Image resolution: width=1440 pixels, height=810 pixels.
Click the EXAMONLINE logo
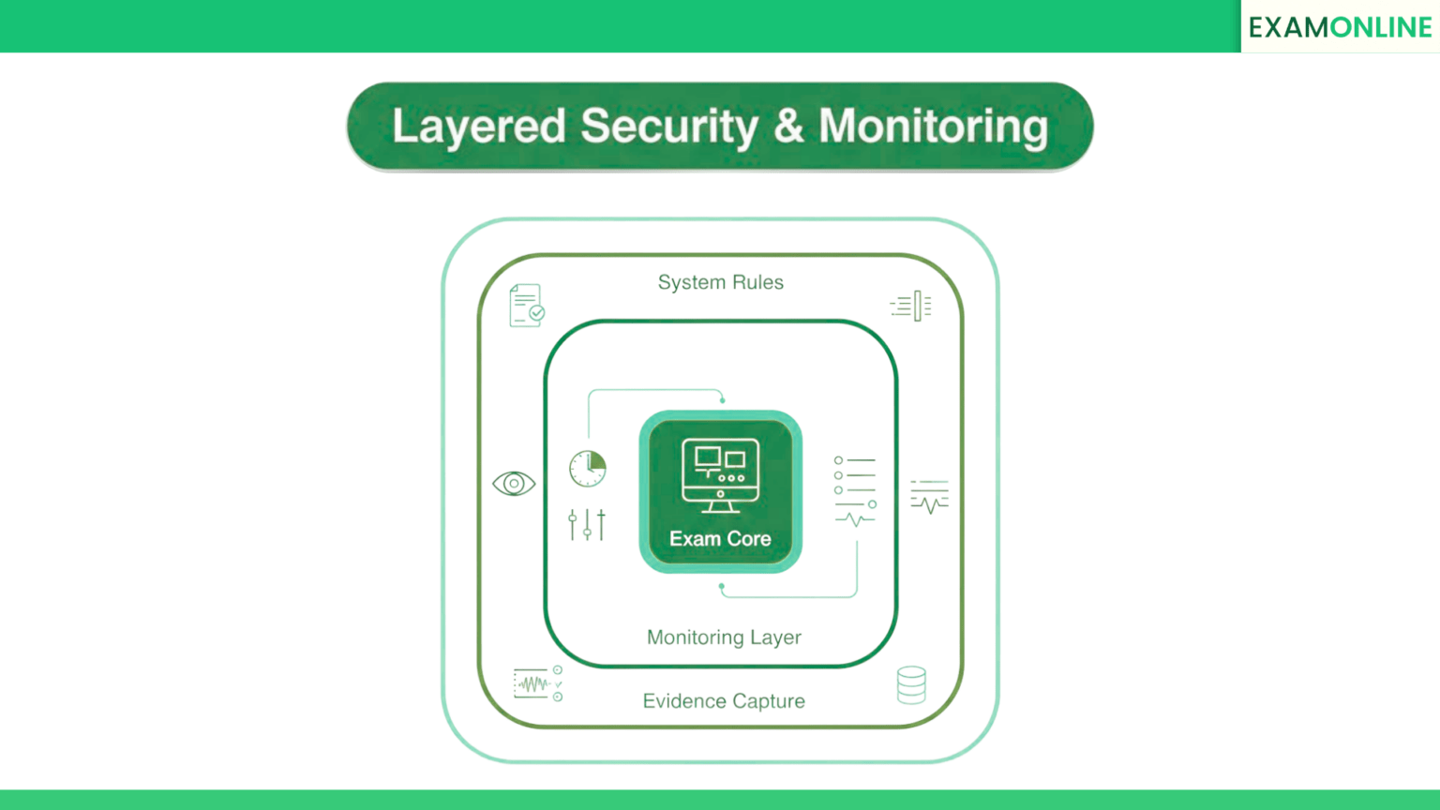pos(1340,27)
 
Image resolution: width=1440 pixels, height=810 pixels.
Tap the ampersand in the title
pos(788,126)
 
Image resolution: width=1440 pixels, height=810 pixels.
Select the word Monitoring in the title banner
pos(934,127)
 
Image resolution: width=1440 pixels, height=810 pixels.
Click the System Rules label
pos(721,282)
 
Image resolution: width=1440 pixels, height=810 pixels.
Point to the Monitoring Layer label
pos(724,637)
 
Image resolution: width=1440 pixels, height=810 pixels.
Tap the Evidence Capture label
pos(724,700)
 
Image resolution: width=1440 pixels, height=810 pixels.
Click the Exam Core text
pos(720,539)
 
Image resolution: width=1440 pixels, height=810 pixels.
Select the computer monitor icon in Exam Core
pos(720,475)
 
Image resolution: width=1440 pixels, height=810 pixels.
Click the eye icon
pos(514,484)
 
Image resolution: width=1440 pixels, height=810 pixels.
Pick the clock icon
pos(588,469)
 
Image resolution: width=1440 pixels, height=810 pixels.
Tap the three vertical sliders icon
pos(587,525)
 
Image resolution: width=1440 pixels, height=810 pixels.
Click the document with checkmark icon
pos(527,306)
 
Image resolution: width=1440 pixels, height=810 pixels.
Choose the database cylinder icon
pos(911,684)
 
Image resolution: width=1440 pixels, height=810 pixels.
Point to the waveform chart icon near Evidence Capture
pos(538,683)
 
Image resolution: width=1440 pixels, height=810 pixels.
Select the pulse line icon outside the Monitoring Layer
pos(930,497)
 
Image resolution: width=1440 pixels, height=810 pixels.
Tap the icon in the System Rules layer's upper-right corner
pos(911,306)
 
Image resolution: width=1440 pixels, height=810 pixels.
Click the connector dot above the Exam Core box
pos(723,400)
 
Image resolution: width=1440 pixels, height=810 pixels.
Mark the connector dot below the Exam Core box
pos(721,586)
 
